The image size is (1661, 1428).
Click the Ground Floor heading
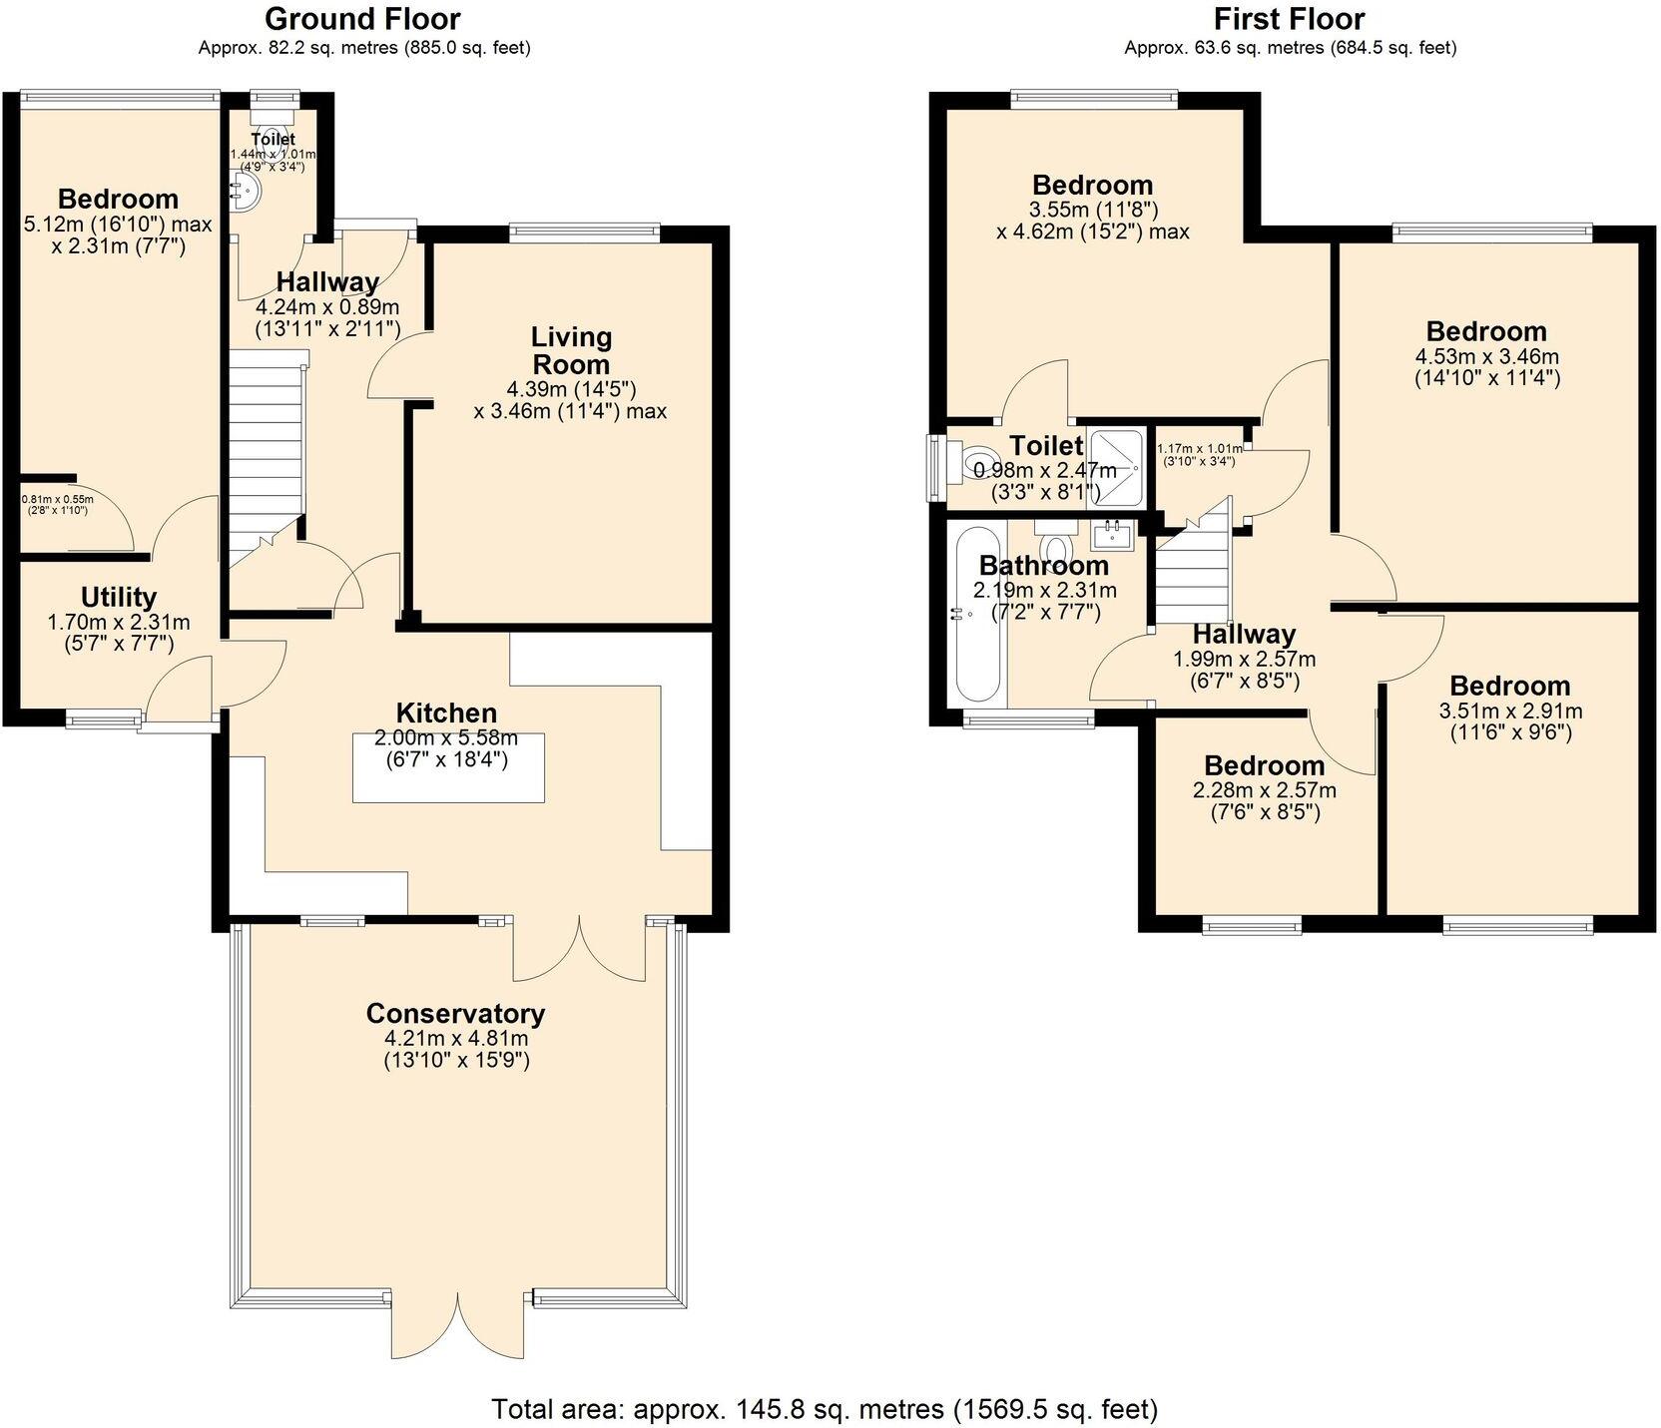[363, 19]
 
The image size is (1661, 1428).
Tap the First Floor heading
[1289, 19]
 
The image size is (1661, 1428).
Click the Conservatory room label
[455, 1013]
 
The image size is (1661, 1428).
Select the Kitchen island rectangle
[448, 767]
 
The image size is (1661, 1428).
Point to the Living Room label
[570, 350]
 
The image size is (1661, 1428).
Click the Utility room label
[118, 597]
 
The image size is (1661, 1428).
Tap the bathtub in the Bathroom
[977, 615]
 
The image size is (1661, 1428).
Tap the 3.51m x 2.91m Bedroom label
[1509, 686]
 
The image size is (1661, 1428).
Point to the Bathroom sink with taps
[1112, 536]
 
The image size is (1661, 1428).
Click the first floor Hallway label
[1244, 634]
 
